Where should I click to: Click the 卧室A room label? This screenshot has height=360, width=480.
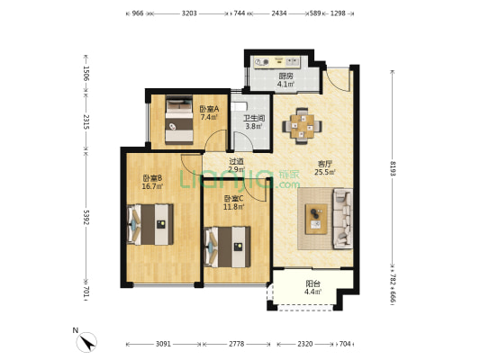pyautogui.click(x=209, y=109)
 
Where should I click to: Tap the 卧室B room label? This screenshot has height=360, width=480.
pyautogui.click(x=152, y=177)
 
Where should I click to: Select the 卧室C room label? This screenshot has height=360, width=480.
pyautogui.click(x=233, y=199)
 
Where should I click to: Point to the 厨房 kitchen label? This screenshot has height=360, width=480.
pyautogui.click(x=285, y=76)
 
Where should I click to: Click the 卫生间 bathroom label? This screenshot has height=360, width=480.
pyautogui.click(x=254, y=118)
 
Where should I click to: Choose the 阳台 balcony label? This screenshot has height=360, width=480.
pyautogui.click(x=312, y=283)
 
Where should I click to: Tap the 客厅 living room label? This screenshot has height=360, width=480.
pyautogui.click(x=325, y=164)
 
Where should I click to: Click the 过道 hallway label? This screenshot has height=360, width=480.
pyautogui.click(x=237, y=161)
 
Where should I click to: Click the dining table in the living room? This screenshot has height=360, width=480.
pyautogui.click(x=303, y=126)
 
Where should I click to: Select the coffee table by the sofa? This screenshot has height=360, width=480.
pyautogui.click(x=316, y=219)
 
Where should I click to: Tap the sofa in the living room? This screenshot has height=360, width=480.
pyautogui.click(x=342, y=219)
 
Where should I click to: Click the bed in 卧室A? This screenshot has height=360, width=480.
pyautogui.click(x=179, y=120)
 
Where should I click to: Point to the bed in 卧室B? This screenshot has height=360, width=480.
pyautogui.click(x=150, y=224)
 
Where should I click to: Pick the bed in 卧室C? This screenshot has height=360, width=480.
pyautogui.click(x=228, y=247)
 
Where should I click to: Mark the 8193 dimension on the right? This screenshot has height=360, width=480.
pyautogui.click(x=393, y=168)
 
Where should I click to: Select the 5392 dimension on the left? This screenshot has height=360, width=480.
pyautogui.click(x=86, y=217)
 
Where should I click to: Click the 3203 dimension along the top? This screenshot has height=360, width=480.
pyautogui.click(x=189, y=13)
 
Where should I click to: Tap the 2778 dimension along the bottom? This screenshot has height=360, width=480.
pyautogui.click(x=237, y=344)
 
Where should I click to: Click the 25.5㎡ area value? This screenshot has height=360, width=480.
pyautogui.click(x=325, y=172)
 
